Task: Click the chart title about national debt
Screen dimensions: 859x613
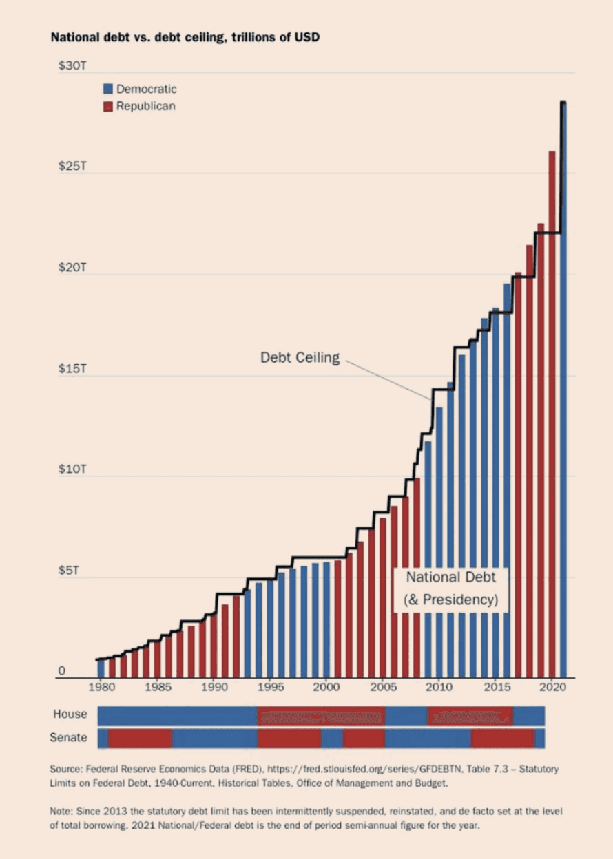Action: click(185, 37)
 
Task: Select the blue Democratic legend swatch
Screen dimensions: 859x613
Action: click(108, 89)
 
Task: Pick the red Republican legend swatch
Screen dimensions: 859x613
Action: click(108, 106)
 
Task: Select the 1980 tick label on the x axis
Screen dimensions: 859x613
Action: click(101, 687)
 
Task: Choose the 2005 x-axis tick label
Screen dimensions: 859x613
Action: click(383, 687)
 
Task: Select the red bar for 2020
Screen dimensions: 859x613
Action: click(552, 413)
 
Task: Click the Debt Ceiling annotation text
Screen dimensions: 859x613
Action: click(300, 358)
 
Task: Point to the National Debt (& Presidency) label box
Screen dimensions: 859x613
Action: click(450, 588)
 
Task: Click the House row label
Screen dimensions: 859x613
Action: click(70, 714)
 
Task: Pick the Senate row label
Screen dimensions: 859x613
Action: click(68, 738)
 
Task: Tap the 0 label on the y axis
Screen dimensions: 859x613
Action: click(61, 671)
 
